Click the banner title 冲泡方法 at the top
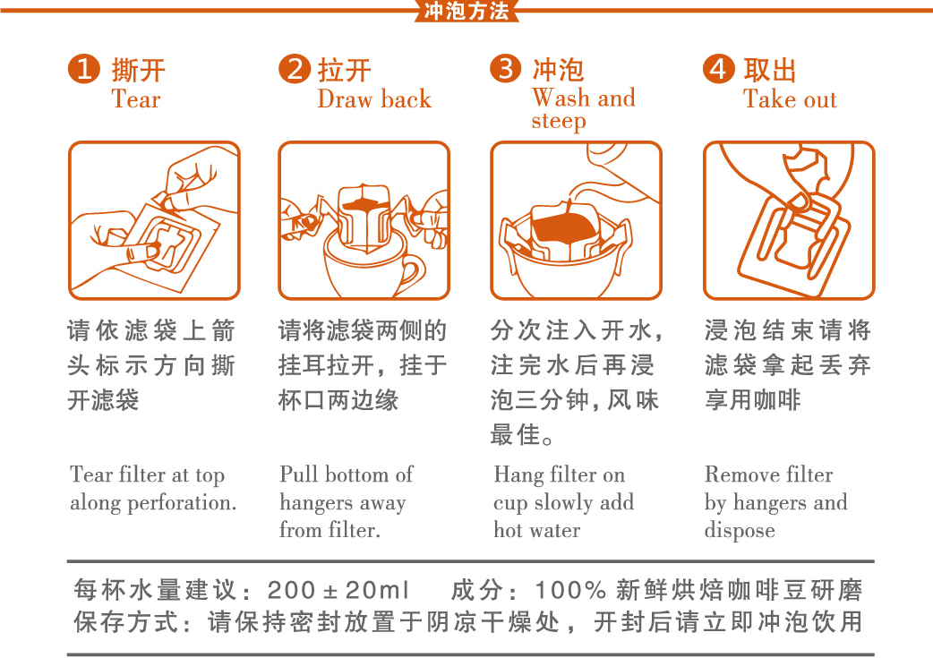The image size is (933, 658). [x=466, y=11]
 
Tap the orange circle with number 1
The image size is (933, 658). [x=83, y=69]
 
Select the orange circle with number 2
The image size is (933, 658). [x=294, y=69]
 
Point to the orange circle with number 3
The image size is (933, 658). [x=506, y=69]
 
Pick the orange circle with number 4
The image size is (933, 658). [x=718, y=69]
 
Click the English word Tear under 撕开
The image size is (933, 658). [x=135, y=99]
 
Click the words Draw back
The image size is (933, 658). [x=373, y=99]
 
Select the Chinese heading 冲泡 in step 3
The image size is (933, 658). [x=558, y=70]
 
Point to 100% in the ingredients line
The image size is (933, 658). [x=572, y=591]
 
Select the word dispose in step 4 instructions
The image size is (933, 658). [x=739, y=530]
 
